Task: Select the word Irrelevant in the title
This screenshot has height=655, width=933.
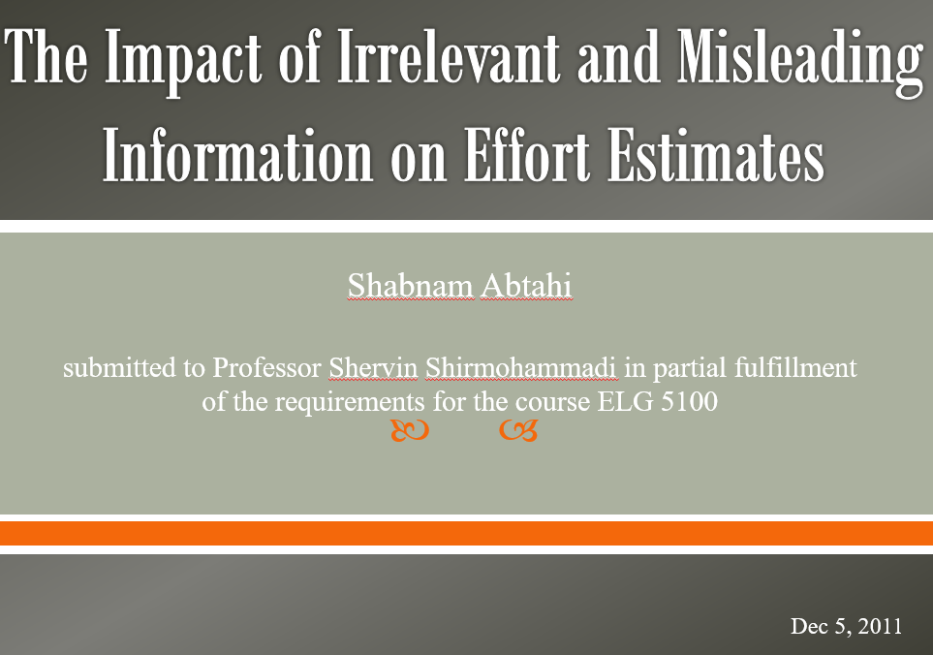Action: coord(448,56)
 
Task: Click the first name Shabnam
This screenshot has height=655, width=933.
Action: coord(410,285)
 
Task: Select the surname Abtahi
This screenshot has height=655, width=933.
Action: coord(526,285)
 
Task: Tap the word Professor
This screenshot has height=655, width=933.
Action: coord(267,367)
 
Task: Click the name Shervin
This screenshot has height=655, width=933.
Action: coord(373,367)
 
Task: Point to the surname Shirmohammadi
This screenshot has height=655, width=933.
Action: coord(521,367)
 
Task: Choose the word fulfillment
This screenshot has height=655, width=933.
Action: coord(795,367)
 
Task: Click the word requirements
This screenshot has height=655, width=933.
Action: coord(350,402)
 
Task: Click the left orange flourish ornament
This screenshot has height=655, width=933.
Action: coord(410,430)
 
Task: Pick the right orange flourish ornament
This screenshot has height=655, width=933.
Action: coord(518,430)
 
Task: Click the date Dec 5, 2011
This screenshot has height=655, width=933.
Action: coord(846,626)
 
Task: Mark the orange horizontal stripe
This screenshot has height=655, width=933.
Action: coord(467,534)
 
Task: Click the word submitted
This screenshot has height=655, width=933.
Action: coord(119,367)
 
